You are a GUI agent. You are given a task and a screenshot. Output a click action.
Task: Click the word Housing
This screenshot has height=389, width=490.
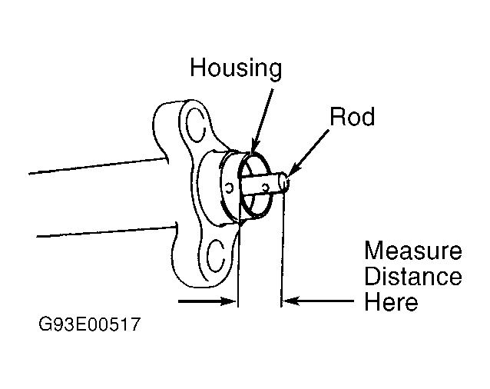(236, 68)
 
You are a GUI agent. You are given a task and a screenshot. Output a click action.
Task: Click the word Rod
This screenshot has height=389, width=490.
(352, 117)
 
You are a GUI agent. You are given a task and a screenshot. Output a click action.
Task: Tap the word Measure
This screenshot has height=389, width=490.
(412, 251)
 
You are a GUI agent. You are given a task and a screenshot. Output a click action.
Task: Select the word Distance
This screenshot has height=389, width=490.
(412, 276)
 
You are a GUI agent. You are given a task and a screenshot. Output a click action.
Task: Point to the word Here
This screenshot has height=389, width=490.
(391, 301)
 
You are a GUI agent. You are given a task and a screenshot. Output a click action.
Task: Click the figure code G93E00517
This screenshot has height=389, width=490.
(89, 325)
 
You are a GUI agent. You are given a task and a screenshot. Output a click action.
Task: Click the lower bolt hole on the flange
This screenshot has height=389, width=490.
(217, 248)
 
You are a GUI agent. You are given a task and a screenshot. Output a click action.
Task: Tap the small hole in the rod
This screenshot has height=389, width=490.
(265, 186)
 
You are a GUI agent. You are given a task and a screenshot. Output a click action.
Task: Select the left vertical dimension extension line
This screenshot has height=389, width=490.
(239, 261)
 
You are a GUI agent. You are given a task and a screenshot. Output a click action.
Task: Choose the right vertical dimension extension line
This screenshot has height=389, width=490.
(283, 254)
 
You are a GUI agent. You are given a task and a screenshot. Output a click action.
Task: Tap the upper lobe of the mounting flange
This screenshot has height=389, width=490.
(180, 115)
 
